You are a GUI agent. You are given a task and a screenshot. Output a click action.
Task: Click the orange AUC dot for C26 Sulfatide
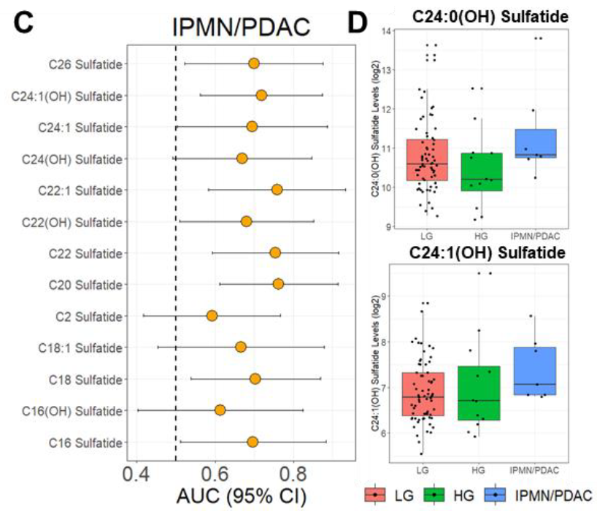(253, 64)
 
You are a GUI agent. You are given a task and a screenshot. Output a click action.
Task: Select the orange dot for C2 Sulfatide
(212, 315)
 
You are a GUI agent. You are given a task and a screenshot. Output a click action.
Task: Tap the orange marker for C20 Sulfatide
(278, 284)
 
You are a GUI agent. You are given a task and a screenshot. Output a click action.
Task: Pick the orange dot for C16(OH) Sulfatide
(220, 410)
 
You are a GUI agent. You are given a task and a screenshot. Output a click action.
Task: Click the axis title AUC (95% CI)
(242, 496)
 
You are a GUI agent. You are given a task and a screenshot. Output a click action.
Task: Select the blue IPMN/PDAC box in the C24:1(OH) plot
(535, 371)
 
